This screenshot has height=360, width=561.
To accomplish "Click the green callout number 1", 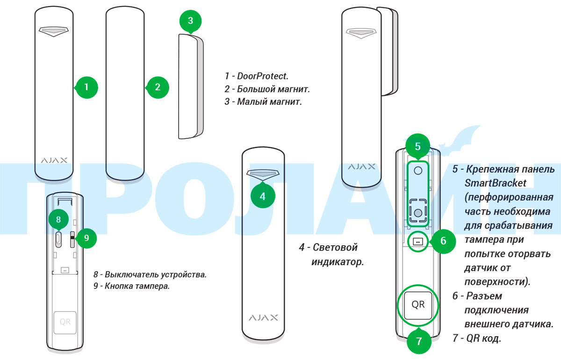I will [86, 86].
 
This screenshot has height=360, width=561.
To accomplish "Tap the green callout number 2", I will [157, 86].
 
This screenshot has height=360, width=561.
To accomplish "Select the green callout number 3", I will [190, 21].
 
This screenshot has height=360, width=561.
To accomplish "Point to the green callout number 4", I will [262, 196].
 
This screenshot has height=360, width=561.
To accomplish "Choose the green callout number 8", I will [58, 219].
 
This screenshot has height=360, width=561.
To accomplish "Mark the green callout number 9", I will [86, 238].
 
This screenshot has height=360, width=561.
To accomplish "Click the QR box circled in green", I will [418, 305].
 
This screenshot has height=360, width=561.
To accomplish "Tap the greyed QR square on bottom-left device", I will [64, 322].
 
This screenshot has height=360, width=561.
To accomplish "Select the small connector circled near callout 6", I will [418, 242].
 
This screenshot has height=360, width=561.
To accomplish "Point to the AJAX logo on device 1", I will [54, 160].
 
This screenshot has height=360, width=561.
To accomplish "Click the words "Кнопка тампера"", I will [141, 286].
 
